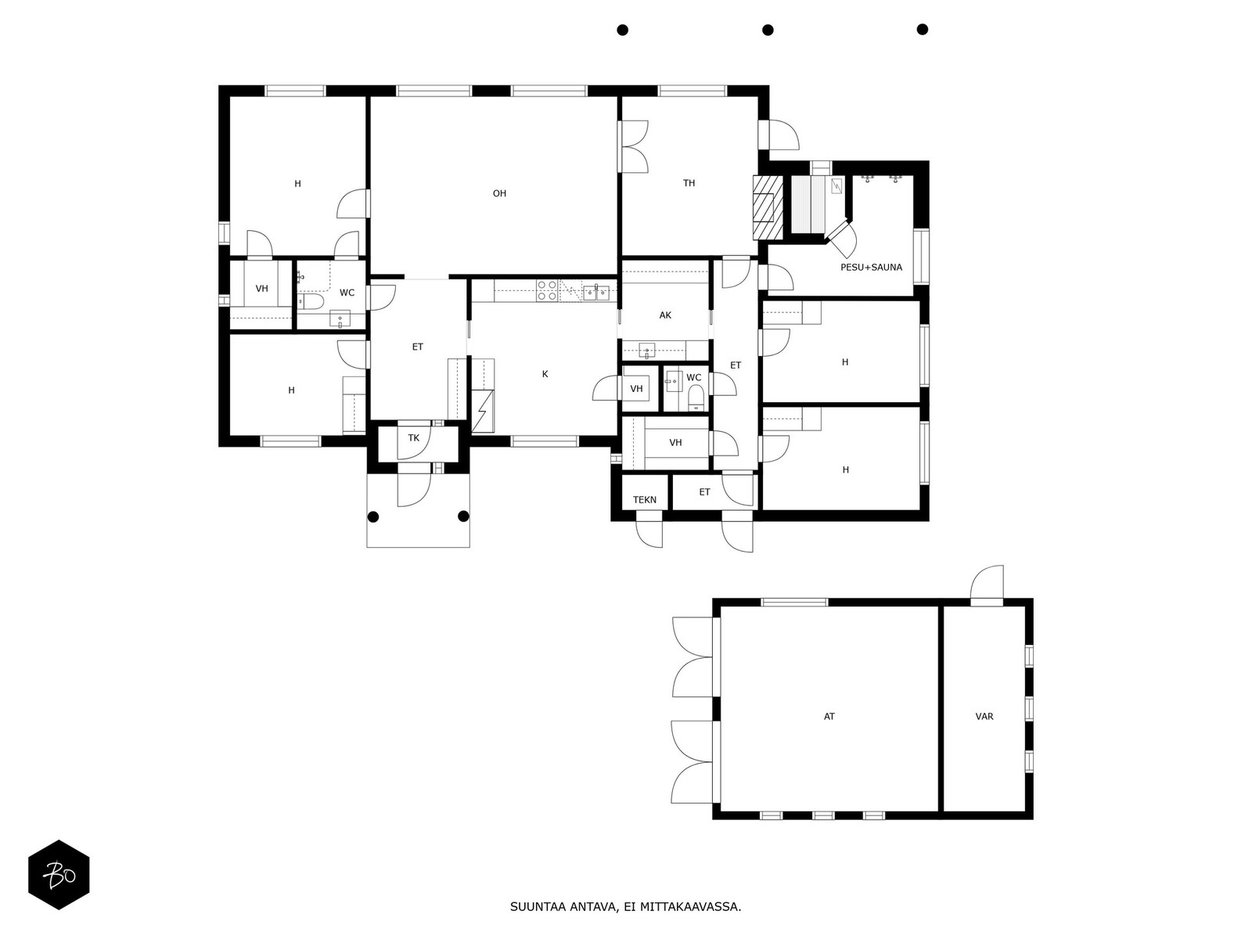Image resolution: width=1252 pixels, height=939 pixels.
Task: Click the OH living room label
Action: (499, 193)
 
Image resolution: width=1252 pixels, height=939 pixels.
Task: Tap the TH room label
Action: (689, 183)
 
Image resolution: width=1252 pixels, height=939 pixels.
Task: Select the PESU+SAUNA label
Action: (871, 268)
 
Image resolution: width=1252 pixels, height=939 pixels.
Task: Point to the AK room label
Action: (665, 315)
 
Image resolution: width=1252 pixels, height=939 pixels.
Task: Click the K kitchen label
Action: (545, 374)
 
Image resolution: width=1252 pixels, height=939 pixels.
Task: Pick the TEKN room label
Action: (645, 499)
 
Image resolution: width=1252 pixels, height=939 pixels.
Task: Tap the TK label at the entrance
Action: (413, 438)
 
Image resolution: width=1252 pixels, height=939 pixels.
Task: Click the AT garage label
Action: (829, 717)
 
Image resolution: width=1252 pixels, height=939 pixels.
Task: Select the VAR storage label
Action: (984, 717)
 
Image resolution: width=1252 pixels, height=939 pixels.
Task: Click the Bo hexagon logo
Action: (59, 874)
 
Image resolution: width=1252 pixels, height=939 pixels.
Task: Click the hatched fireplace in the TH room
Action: (768, 207)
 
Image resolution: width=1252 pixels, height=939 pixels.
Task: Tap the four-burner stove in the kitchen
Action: (546, 291)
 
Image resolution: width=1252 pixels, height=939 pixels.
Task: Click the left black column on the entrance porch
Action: (373, 516)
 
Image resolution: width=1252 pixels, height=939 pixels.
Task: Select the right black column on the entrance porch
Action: (463, 516)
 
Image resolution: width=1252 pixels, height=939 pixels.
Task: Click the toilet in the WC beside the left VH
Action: (312, 300)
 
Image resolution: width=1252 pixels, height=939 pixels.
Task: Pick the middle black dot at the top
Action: (768, 30)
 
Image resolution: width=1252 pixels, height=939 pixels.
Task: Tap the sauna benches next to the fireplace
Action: (808, 204)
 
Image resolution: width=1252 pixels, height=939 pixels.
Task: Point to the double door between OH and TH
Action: (633, 146)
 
